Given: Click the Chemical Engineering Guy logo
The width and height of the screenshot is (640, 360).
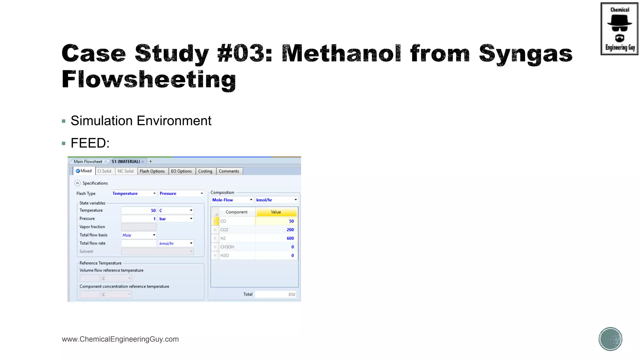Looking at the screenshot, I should pos(619,29).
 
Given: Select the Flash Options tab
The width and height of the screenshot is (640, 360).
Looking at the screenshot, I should pos(152,171).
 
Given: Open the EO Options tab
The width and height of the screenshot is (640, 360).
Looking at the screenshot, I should pos(181,171).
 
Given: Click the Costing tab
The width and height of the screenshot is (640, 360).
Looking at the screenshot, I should pos(205,171).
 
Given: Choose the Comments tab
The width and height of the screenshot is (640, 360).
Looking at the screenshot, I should pos(229,171).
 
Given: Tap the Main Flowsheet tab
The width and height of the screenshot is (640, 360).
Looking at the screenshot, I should pos(88,162).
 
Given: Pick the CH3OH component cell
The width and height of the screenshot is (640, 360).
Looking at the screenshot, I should pos(237,247).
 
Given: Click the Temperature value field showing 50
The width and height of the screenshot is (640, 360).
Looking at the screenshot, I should pos(139,211).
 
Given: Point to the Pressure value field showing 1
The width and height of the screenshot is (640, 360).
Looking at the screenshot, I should pos(139,219).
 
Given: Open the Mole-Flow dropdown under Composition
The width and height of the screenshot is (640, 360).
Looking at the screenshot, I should pos(232,200).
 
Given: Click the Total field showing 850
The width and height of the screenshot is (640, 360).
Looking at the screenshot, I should pos(275,294).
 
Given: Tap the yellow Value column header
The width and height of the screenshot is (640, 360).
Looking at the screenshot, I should pos(276,212).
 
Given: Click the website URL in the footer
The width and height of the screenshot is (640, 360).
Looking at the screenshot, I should pos(120,339).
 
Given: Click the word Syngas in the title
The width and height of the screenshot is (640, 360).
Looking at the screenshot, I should pos(526,54).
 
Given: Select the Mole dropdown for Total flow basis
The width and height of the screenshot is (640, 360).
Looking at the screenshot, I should pos(139,235).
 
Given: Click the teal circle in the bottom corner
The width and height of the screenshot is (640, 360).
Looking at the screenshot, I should pos(610,339).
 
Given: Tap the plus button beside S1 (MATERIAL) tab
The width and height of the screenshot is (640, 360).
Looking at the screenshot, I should pos(151,162).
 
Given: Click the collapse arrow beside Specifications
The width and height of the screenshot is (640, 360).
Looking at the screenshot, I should pos(77,183).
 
